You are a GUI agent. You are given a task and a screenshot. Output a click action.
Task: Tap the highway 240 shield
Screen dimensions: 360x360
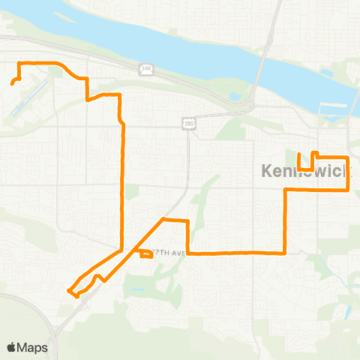tap(145, 68)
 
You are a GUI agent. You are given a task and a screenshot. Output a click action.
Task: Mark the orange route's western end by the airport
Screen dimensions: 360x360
tap(13, 83)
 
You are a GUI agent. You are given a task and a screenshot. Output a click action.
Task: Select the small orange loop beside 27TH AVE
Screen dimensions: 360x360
tap(145, 253)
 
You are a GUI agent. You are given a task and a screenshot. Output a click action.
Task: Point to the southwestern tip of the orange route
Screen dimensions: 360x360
tap(69, 290)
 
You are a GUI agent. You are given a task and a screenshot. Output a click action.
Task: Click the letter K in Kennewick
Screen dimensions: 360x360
tap(267, 171)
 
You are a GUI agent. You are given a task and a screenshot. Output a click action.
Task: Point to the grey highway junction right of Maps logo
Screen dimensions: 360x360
tap(56, 328)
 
